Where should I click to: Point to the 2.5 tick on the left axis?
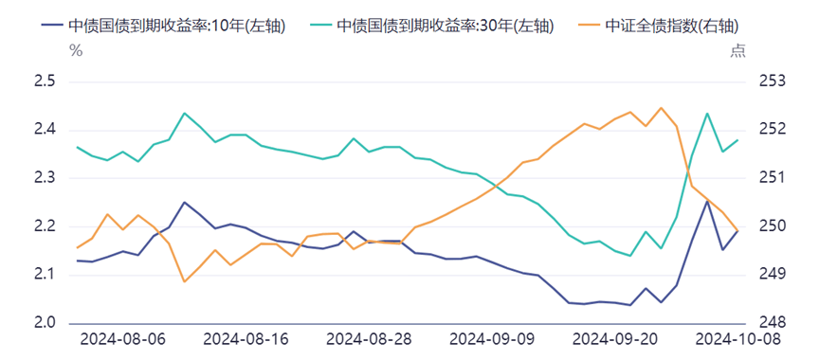click(44, 82)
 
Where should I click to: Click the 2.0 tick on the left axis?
click(44, 323)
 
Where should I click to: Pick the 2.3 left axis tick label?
click(44, 178)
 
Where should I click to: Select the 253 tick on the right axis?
click(773, 82)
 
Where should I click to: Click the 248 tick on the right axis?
click(773, 323)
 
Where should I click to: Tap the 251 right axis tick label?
click(773, 178)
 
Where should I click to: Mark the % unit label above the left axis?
click(76, 51)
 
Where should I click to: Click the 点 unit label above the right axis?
click(737, 51)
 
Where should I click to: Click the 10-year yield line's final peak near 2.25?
click(707, 201)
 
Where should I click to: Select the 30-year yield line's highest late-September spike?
click(707, 114)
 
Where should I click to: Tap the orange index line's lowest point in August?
click(184, 281)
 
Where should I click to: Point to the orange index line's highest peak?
click(661, 108)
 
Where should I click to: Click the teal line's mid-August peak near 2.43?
click(184, 114)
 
